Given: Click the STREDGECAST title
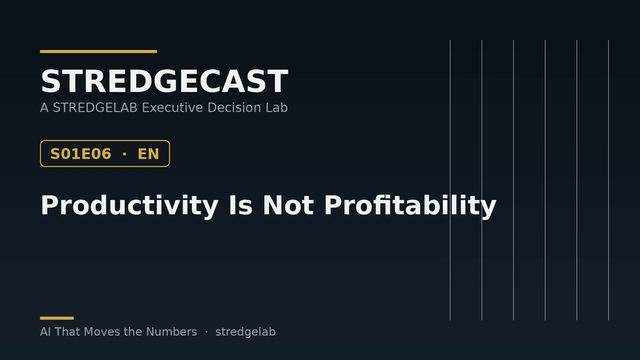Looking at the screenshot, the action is click(164, 81).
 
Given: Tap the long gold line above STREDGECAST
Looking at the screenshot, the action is click(98, 51).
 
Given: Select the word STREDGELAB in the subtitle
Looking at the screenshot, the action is click(95, 108).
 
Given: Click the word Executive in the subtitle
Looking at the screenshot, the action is click(172, 108).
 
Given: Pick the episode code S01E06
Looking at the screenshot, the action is click(80, 154).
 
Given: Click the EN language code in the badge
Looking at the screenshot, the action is click(148, 154).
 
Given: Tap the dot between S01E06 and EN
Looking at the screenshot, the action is click(124, 154).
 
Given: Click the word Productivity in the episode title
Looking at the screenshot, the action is click(129, 205).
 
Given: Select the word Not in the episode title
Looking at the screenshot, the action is click(288, 205).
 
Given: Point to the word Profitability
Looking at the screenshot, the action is click(410, 205).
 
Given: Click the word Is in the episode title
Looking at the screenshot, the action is click(240, 205).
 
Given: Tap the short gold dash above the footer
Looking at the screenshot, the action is click(57, 318).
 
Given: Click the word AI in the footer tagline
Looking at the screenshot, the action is click(45, 332).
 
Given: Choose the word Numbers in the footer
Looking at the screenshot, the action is click(171, 332).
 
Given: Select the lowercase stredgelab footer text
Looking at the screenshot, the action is click(245, 332).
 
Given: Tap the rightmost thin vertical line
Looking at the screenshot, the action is click(609, 180).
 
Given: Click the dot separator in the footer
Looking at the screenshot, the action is click(206, 332).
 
